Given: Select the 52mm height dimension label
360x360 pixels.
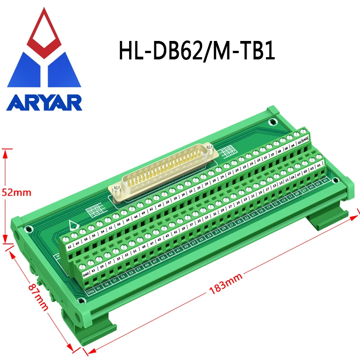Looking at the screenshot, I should click(x=16, y=192).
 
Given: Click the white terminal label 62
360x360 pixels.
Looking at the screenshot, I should click(x=69, y=247).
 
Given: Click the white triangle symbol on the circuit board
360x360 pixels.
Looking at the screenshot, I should click(x=72, y=225).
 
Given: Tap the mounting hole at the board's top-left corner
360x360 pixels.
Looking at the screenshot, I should click(x=272, y=122).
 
